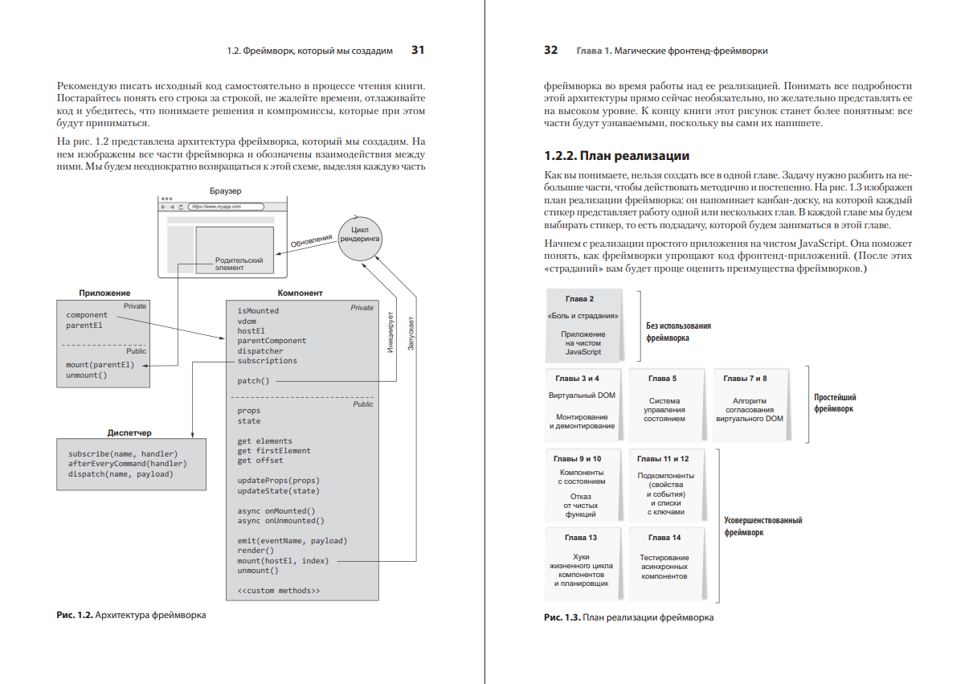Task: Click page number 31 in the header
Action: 417,50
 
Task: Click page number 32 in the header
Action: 550,50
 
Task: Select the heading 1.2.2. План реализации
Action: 616,155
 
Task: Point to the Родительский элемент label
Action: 239,264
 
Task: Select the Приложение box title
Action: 104,293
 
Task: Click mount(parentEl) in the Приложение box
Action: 100,365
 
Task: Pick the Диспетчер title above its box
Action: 129,432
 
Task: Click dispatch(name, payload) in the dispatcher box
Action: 121,474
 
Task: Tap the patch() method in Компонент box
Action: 253,381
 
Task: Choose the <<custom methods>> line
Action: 278,591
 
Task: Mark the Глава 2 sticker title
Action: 584,299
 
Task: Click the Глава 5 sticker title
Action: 662,379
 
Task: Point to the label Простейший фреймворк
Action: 835,403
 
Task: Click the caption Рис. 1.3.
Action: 562,618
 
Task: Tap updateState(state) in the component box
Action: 278,490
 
